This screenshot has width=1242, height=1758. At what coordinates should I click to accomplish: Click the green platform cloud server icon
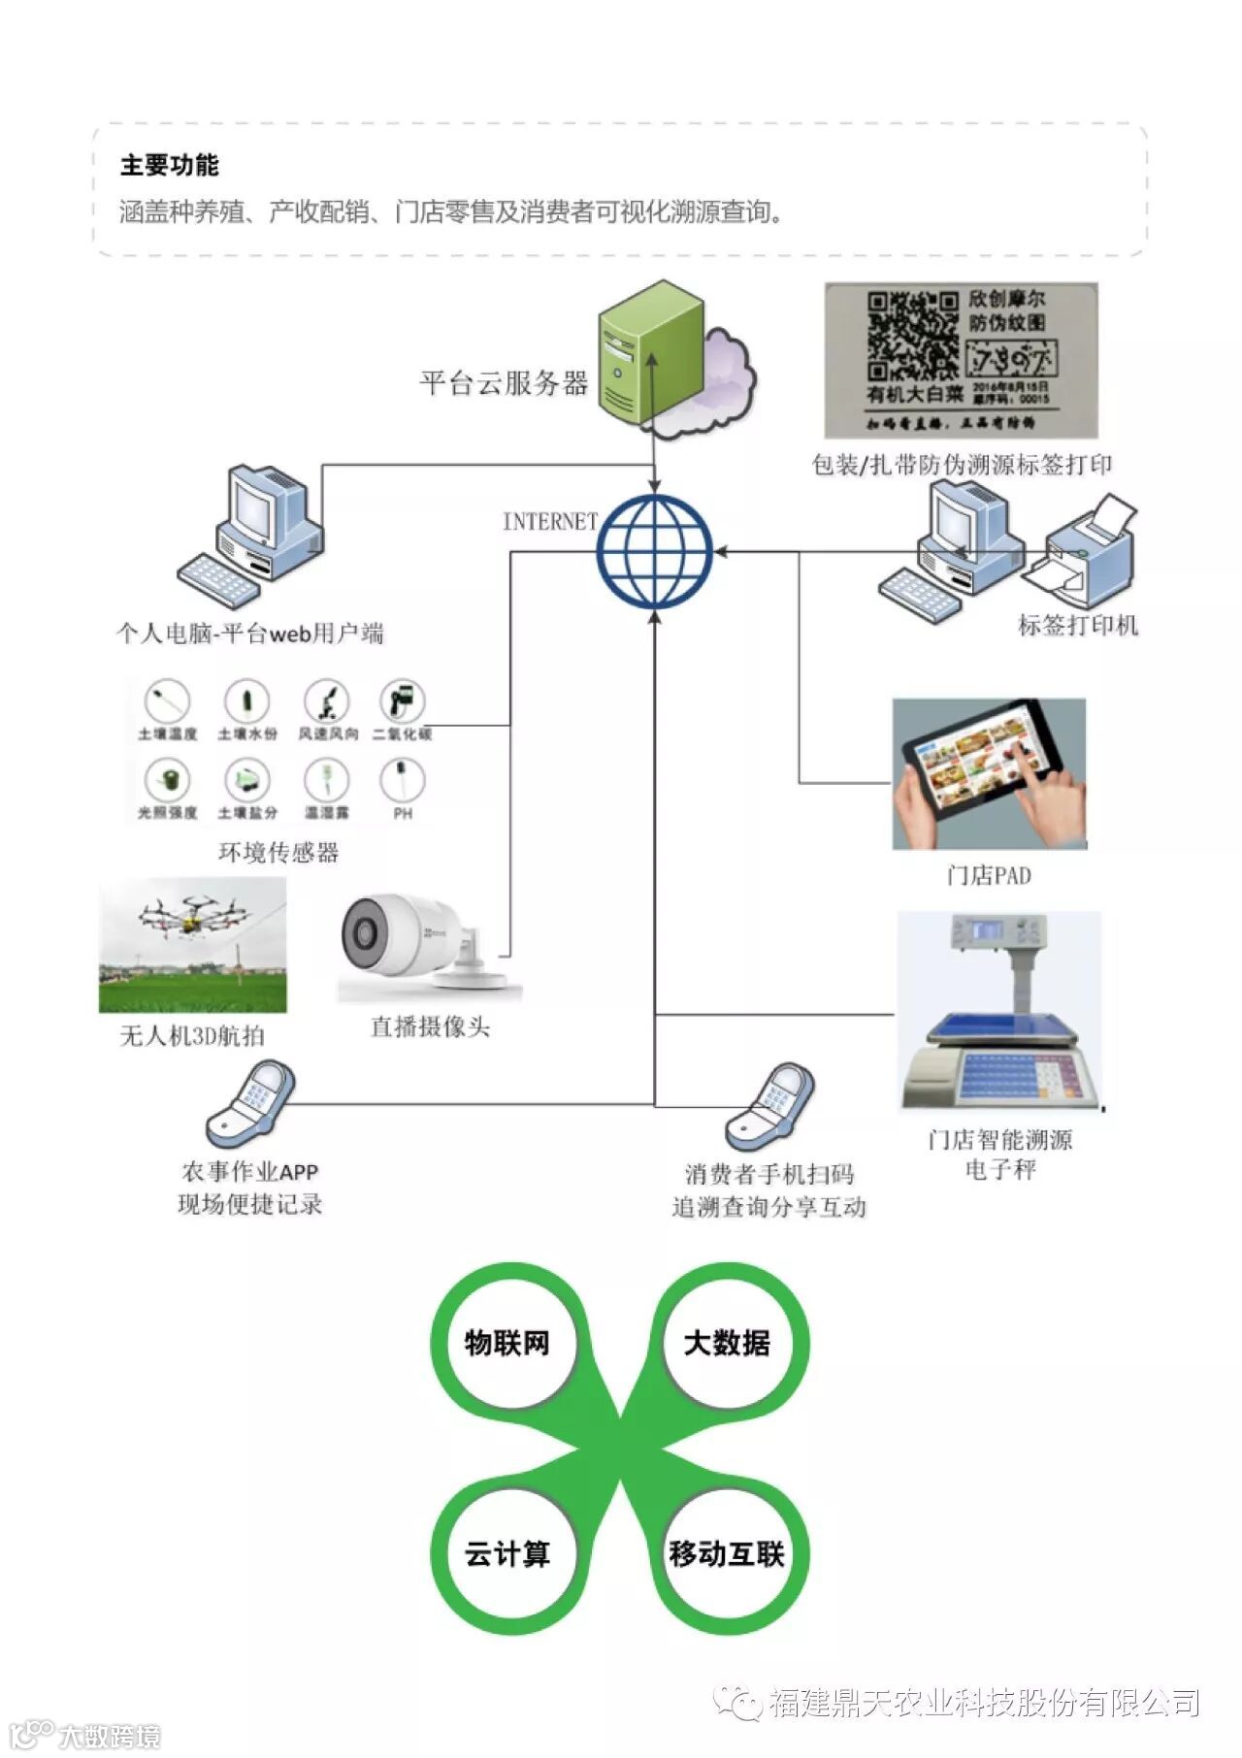click(x=648, y=353)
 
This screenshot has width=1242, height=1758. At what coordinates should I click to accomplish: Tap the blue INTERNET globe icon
click(x=655, y=551)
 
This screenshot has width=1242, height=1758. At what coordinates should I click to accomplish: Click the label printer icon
click(x=1083, y=553)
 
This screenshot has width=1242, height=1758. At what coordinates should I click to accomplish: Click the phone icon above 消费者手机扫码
click(x=770, y=1106)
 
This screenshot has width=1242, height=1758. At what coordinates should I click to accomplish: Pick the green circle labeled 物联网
click(x=507, y=1343)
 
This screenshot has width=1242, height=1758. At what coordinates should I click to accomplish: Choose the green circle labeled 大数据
click(x=727, y=1343)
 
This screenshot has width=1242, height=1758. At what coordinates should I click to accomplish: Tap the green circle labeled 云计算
click(x=507, y=1553)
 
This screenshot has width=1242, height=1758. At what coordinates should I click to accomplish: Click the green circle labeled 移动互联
click(x=727, y=1553)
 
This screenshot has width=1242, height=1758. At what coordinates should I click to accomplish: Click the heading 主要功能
click(x=170, y=165)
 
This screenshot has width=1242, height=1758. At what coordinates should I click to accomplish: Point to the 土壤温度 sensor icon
click(x=167, y=700)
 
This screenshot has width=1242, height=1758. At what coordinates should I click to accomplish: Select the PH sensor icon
click(x=403, y=778)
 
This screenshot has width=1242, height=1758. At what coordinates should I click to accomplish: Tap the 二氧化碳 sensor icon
click(x=403, y=700)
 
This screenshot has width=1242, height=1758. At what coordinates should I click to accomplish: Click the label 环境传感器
click(x=278, y=852)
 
